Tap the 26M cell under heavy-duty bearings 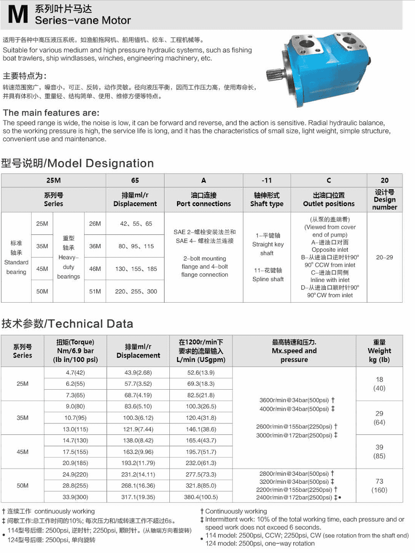(x=95, y=224)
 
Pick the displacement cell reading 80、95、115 (x=136, y=246)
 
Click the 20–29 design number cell (x=384, y=258)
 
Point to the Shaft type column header (x=267, y=200)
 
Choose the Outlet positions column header (x=329, y=200)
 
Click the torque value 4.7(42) (x=75, y=373)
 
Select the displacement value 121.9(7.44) (x=138, y=429)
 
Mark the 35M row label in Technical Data (x=22, y=418)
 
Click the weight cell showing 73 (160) (x=379, y=486)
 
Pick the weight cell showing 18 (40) (x=379, y=384)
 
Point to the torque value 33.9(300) (x=75, y=497)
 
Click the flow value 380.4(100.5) (x=201, y=497)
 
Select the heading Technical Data (x=67, y=324)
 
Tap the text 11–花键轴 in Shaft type (x=267, y=270)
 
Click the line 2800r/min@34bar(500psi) (x=294, y=474)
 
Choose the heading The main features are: (x=51, y=113)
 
